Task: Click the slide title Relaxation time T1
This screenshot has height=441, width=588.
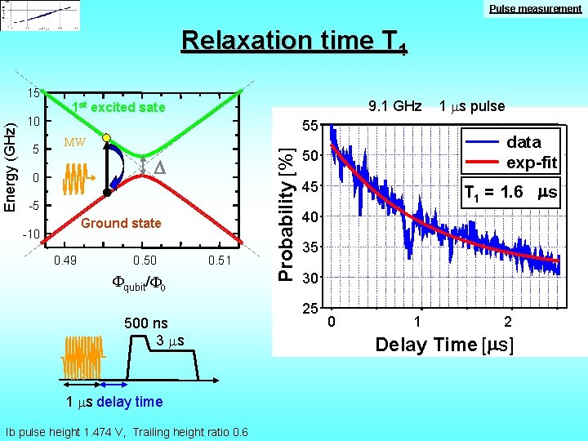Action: pos(294,41)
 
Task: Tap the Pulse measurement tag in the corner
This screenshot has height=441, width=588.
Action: pos(536,8)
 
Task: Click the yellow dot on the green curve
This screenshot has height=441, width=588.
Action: pos(106,139)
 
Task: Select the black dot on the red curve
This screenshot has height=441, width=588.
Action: pos(106,193)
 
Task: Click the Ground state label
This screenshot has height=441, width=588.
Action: pos(122,223)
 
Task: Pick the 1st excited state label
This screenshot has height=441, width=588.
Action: pos(118,107)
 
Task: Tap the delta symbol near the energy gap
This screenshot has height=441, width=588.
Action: pos(161,168)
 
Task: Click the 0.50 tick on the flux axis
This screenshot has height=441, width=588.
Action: pos(145,261)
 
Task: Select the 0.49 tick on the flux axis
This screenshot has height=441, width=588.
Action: pos(65,261)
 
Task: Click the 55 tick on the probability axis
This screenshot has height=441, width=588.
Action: pos(310,126)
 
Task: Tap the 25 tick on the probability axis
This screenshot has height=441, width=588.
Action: pos(310,310)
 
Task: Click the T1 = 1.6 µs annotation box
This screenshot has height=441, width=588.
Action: pos(510,193)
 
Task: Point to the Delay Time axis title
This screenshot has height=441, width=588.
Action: pos(444,345)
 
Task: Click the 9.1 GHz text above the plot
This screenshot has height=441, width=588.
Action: pos(394,106)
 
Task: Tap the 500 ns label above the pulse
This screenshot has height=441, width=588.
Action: pos(146,323)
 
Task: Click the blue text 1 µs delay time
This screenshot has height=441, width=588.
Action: pos(115,401)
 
